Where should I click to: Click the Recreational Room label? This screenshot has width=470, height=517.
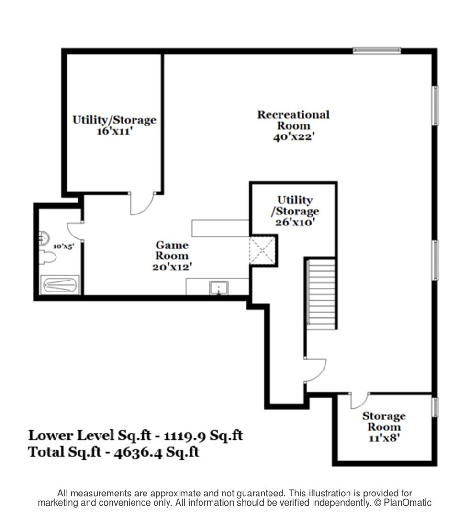(293, 120)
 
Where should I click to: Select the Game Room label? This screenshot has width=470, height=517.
(172, 250)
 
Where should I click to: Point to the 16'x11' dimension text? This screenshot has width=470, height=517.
(114, 131)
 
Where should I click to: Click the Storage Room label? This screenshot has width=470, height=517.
(384, 421)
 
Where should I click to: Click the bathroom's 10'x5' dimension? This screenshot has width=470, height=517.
(64, 247)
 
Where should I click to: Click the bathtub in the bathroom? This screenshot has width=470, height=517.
(60, 285)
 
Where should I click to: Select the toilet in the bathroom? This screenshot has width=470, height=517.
(47, 257)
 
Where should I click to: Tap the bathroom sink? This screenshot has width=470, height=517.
(44, 238)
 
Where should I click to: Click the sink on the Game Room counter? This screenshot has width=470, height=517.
(219, 288)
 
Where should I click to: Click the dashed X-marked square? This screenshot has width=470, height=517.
(262, 250)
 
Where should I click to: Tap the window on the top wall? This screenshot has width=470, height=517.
(377, 50)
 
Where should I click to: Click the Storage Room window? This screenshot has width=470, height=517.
(436, 407)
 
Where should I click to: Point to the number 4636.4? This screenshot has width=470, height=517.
(138, 452)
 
